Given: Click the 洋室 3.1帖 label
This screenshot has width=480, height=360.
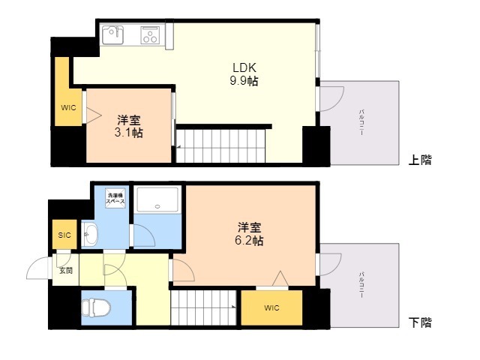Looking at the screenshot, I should click(x=129, y=126).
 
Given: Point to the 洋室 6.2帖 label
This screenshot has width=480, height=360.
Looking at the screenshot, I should click(x=250, y=233).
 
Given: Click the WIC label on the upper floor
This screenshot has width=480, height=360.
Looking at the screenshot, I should click(x=68, y=107).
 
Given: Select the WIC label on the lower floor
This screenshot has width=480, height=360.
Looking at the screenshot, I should click(x=271, y=308).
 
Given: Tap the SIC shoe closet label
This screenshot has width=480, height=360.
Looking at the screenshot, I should click(x=64, y=235).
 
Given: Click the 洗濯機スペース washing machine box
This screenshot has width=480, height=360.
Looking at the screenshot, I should click(x=115, y=199).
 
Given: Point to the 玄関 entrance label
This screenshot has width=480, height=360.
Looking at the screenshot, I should click(x=66, y=270).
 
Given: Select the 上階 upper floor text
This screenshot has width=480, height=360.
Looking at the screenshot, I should click(x=420, y=160).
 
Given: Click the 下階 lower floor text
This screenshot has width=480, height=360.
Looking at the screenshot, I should click(x=420, y=323).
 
